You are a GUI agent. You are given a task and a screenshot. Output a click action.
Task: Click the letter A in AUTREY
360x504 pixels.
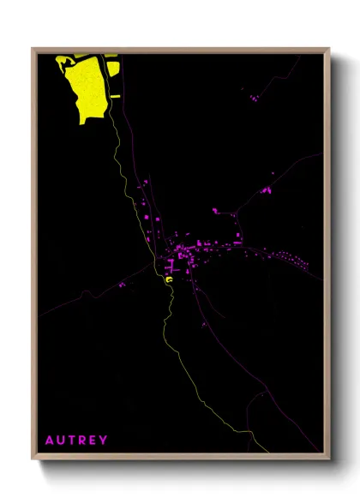tap(49, 441)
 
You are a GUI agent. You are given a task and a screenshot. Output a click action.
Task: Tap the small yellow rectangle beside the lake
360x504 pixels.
tap(115, 97)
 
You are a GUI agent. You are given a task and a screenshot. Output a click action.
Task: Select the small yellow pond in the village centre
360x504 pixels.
tap(169, 279)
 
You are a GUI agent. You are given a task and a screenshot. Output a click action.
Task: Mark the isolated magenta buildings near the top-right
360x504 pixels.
tap(253, 99)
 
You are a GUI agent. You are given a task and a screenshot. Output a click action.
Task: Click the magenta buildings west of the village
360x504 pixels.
tap(123, 284)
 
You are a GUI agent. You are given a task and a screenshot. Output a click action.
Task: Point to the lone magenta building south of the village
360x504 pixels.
tap(203, 325)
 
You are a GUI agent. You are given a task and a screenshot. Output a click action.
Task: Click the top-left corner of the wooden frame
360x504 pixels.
tap(33, 49)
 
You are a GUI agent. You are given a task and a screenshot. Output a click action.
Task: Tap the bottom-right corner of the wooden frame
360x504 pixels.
tap(329, 459)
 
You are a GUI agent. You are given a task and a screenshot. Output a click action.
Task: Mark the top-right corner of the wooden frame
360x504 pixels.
tap(329, 49)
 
